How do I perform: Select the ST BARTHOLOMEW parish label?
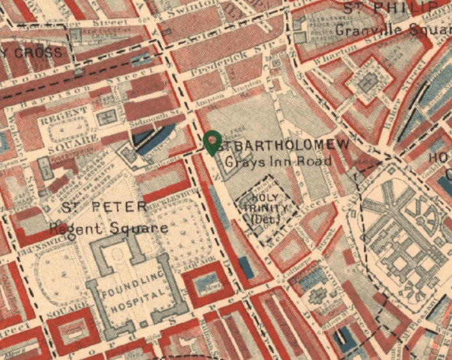point(286,145)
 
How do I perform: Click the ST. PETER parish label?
point(105,207)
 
